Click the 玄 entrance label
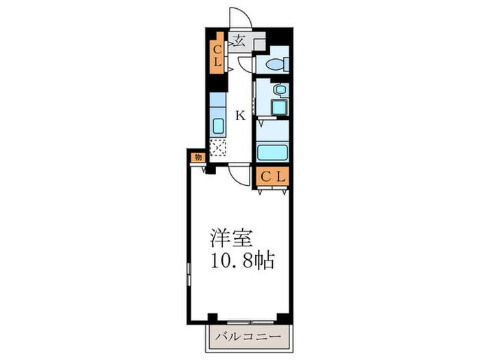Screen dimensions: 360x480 (x=239, y=40)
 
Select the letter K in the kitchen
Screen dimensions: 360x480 (x=240, y=115)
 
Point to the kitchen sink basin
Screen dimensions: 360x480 (x=217, y=126)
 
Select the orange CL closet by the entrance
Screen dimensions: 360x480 (x=216, y=55)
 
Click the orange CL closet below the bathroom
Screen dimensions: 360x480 (x=273, y=176)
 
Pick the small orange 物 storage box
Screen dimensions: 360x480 (x=197, y=157)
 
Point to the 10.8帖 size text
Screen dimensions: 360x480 (x=241, y=261)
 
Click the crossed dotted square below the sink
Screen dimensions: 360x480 (x=217, y=147)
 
